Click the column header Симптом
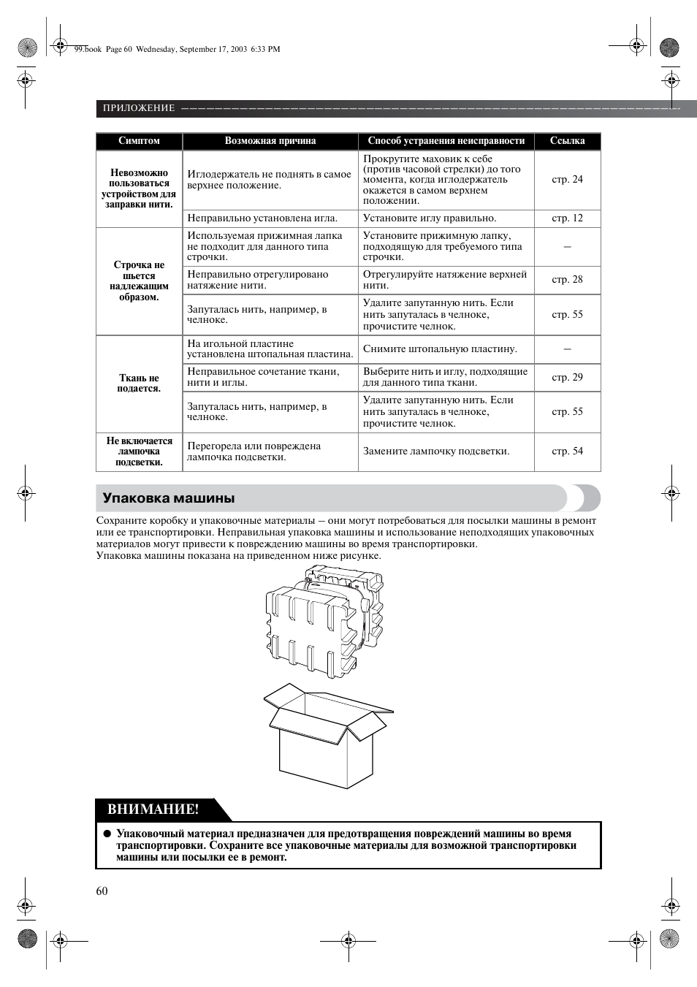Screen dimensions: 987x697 139,141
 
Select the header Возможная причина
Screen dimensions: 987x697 270,141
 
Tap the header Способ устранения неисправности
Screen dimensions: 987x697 446,141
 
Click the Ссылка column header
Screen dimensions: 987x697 567,141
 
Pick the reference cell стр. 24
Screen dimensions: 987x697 567,179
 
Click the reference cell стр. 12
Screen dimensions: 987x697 567,218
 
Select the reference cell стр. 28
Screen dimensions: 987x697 567,279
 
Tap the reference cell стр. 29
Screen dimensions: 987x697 567,377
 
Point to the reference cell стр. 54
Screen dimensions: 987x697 567,451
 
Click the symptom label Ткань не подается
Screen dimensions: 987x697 139,383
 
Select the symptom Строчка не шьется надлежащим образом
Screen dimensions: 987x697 139,281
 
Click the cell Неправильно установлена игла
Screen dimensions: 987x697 262,218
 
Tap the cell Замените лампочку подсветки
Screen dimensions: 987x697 436,451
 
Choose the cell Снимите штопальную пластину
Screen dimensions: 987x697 440,348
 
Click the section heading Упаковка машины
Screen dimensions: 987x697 169,498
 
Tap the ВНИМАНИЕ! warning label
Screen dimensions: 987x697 153,809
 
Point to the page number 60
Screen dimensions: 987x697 102,890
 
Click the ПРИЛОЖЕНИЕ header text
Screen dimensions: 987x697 139,108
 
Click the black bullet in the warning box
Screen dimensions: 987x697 106,834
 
